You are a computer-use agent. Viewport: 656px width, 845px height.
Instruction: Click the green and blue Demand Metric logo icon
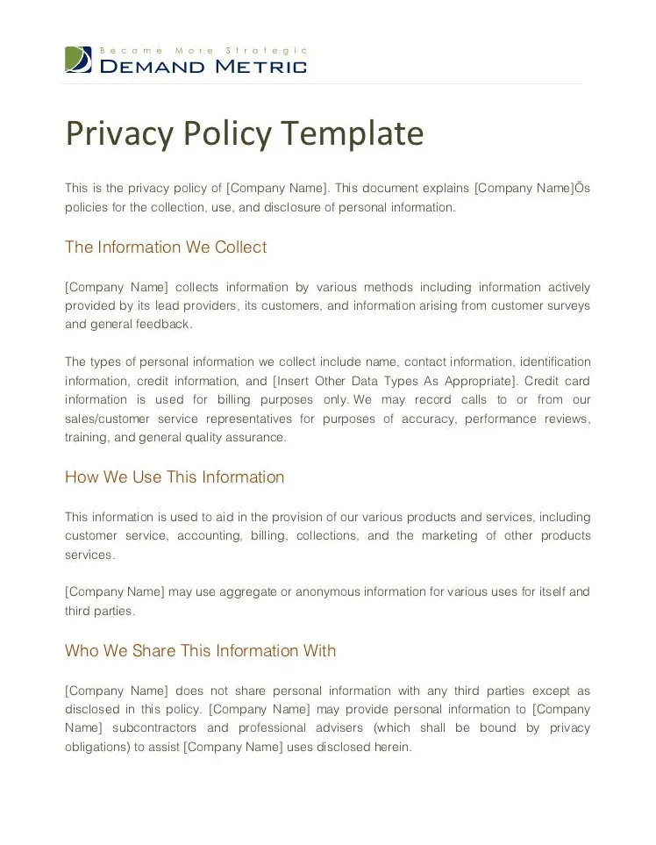pos(78,59)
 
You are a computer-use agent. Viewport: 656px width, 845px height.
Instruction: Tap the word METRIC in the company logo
pos(262,67)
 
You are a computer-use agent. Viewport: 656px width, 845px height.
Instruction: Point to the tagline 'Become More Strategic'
pos(204,51)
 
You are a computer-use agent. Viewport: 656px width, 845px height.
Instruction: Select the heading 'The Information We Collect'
pos(166,247)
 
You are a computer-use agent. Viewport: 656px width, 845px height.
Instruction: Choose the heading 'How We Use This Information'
pos(175,477)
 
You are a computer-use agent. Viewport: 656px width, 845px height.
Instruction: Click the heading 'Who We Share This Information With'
pos(200,651)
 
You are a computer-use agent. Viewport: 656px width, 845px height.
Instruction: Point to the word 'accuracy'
pos(427,419)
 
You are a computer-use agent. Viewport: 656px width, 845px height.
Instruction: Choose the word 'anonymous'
pos(324,591)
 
